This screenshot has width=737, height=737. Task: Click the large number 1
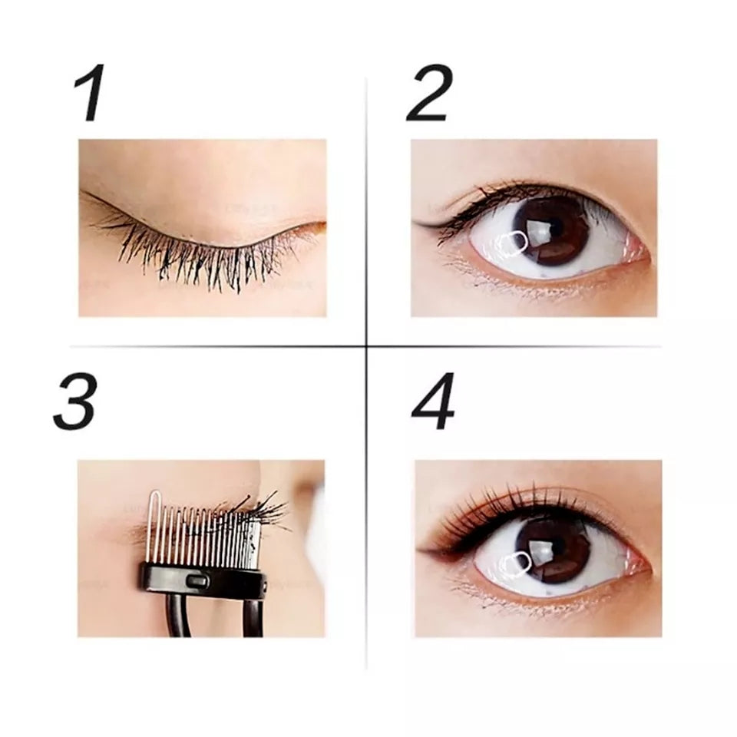pyautogui.click(x=90, y=93)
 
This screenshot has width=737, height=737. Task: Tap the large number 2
pyautogui.click(x=429, y=93)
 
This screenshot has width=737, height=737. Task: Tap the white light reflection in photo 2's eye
pyautogui.click(x=513, y=243)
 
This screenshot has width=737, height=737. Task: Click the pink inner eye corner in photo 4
pyautogui.click(x=638, y=569)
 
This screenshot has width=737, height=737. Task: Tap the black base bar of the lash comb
pyautogui.click(x=202, y=581)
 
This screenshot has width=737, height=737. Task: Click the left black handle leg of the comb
pyautogui.click(x=178, y=618)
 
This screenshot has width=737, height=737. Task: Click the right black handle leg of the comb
pyautogui.click(x=253, y=618)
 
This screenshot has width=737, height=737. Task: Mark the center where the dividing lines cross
pyautogui.click(x=367, y=346)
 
